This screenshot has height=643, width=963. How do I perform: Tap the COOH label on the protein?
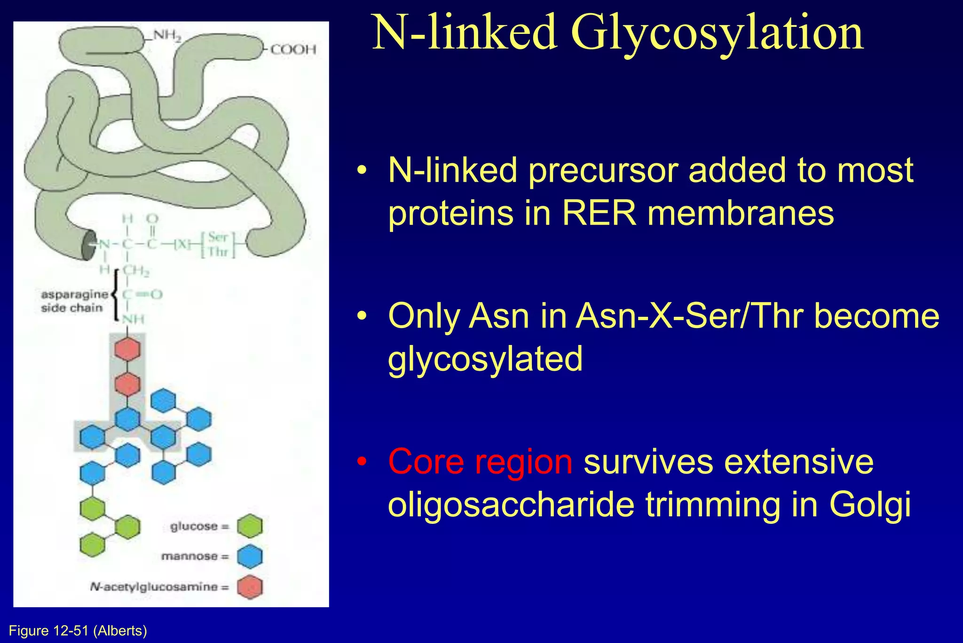(x=293, y=49)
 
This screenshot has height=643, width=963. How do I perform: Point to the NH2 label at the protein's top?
(x=167, y=36)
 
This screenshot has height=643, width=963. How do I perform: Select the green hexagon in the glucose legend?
(x=250, y=526)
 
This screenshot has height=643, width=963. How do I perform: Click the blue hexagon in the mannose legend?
(x=250, y=556)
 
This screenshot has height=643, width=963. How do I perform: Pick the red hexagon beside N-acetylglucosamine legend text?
(x=250, y=587)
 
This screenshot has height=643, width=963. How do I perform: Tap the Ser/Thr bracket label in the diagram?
(x=218, y=244)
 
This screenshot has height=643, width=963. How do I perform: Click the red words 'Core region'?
(x=480, y=462)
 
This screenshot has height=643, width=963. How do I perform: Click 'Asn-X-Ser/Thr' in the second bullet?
(x=689, y=316)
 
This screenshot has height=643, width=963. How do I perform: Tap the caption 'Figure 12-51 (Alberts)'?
(x=78, y=631)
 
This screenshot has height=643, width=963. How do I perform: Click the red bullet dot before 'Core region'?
(x=361, y=462)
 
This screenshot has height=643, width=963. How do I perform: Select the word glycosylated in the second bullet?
(x=485, y=359)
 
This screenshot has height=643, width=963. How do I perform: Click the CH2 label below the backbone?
(x=136, y=272)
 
